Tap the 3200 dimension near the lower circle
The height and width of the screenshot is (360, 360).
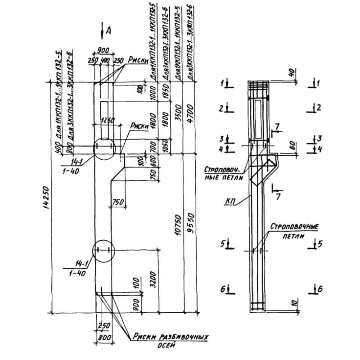click(153, 279)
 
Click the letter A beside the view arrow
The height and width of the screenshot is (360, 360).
click(109, 31)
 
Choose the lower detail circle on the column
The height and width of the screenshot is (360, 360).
click(103, 251)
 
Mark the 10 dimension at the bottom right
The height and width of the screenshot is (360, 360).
click(293, 304)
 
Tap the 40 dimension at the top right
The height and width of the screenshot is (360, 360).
click(292, 72)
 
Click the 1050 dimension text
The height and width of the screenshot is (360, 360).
click(166, 146)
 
